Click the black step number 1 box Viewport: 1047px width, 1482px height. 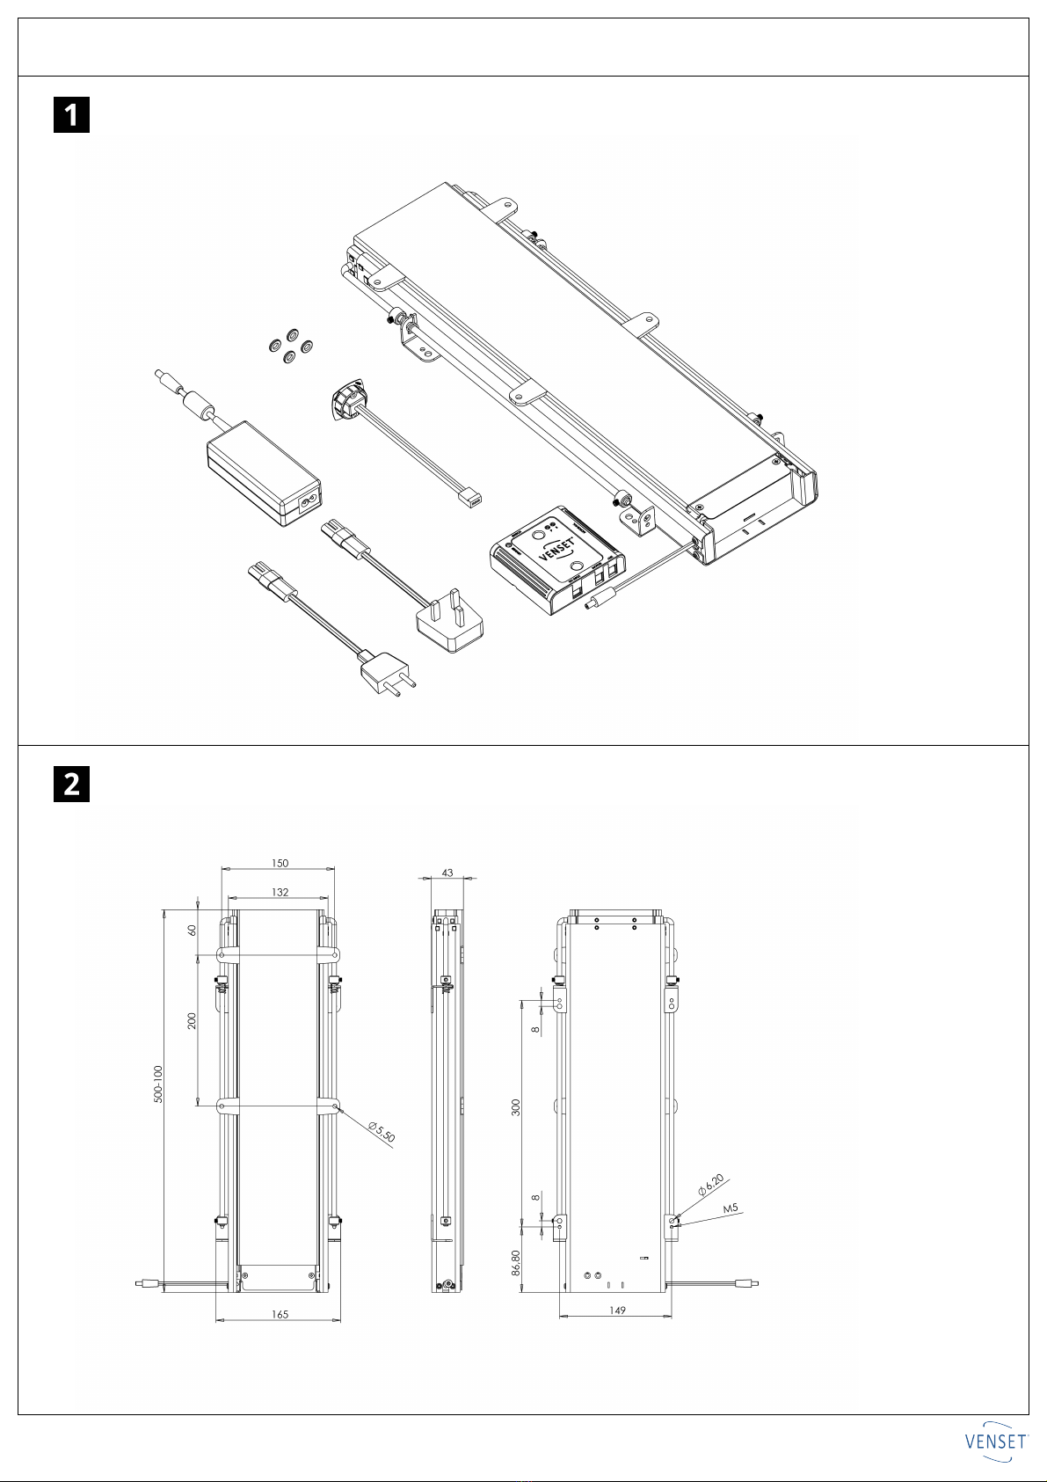click(x=71, y=115)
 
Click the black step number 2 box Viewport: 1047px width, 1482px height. click(x=71, y=784)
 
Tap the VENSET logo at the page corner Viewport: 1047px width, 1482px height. click(x=997, y=1442)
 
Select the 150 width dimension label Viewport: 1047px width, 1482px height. click(x=280, y=863)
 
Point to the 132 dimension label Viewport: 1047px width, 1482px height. click(x=280, y=892)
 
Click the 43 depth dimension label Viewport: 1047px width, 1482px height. click(x=447, y=872)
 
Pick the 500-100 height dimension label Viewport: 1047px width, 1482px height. click(x=158, y=1084)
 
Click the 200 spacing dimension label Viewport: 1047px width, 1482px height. click(x=192, y=1020)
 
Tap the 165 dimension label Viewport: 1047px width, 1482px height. click(x=280, y=1315)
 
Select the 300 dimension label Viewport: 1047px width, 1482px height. click(x=516, y=1107)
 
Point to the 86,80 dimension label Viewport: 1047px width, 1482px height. click(x=516, y=1262)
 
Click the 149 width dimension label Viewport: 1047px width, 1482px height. click(x=617, y=1310)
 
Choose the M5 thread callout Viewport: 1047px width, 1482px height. click(x=731, y=1208)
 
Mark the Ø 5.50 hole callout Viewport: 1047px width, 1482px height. click(x=382, y=1132)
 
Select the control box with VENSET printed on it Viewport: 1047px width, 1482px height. click(x=557, y=559)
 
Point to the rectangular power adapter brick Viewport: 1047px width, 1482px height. click(x=264, y=472)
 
